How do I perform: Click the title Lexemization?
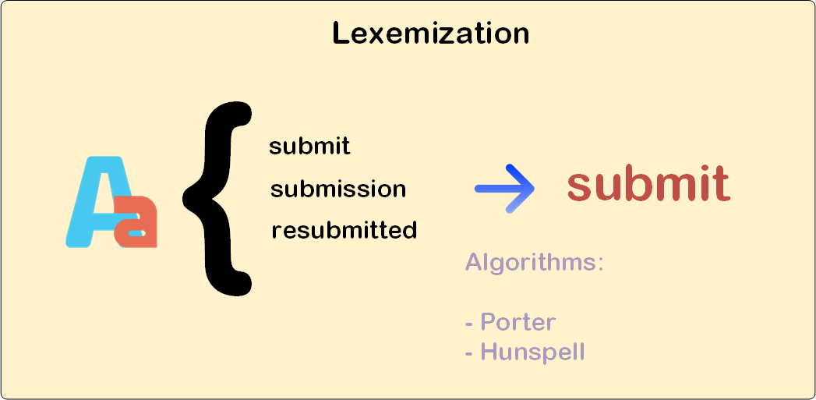click(430, 34)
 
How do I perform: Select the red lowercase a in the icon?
click(138, 221)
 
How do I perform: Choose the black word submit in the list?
click(309, 147)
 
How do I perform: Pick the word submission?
click(338, 189)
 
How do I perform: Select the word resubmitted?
click(344, 231)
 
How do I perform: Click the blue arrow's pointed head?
click(528, 189)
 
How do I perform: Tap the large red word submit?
click(648, 184)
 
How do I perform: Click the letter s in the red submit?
click(580, 188)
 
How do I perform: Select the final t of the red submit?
click(720, 185)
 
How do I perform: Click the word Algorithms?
click(530, 262)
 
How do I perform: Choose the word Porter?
click(518, 321)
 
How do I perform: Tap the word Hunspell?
click(532, 352)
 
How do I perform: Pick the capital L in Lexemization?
click(340, 34)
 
